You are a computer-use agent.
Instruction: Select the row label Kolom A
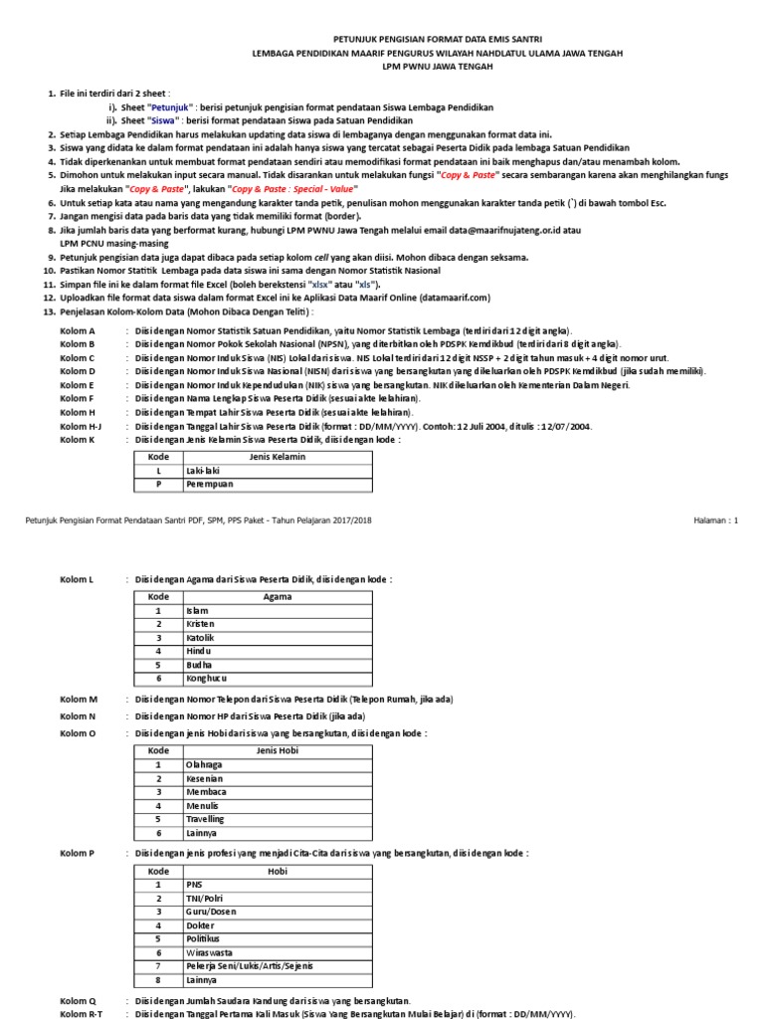click(x=78, y=329)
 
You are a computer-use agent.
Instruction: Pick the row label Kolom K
click(x=78, y=439)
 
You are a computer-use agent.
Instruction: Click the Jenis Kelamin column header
click(x=276, y=457)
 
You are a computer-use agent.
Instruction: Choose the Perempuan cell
click(x=207, y=485)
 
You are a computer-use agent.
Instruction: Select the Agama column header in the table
click(x=276, y=596)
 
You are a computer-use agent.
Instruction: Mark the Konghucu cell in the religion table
click(x=207, y=679)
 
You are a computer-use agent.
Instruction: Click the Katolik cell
click(x=201, y=637)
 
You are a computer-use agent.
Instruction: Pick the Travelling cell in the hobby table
click(x=204, y=819)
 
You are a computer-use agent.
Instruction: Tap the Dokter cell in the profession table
click(x=200, y=924)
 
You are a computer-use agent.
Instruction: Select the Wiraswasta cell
click(x=209, y=952)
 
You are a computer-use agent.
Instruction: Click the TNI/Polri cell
click(x=203, y=897)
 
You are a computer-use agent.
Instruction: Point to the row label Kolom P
click(x=78, y=853)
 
